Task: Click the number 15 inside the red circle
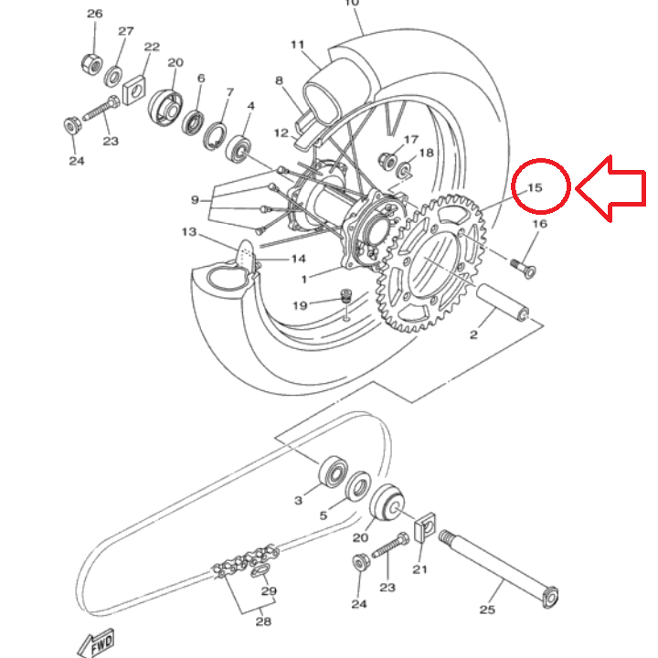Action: coord(535,187)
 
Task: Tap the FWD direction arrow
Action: coord(96,643)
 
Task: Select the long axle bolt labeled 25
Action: coord(499,569)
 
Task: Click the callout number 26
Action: coord(95,14)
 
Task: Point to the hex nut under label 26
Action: coord(91,65)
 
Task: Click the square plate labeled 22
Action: coord(133,90)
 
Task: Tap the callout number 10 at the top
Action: coord(352,3)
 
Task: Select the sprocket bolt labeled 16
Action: coord(523,268)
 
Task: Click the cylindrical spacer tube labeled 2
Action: coord(502,302)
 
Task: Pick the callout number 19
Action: coord(300,305)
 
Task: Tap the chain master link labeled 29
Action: coord(260,571)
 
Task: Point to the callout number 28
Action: coord(263,621)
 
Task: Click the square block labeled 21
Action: coord(424,527)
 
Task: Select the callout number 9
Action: coord(196,200)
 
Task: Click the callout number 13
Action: coord(189,231)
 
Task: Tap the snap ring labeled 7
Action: coord(215,136)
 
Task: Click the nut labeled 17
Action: coord(387,161)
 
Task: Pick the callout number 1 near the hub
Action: coord(304,279)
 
